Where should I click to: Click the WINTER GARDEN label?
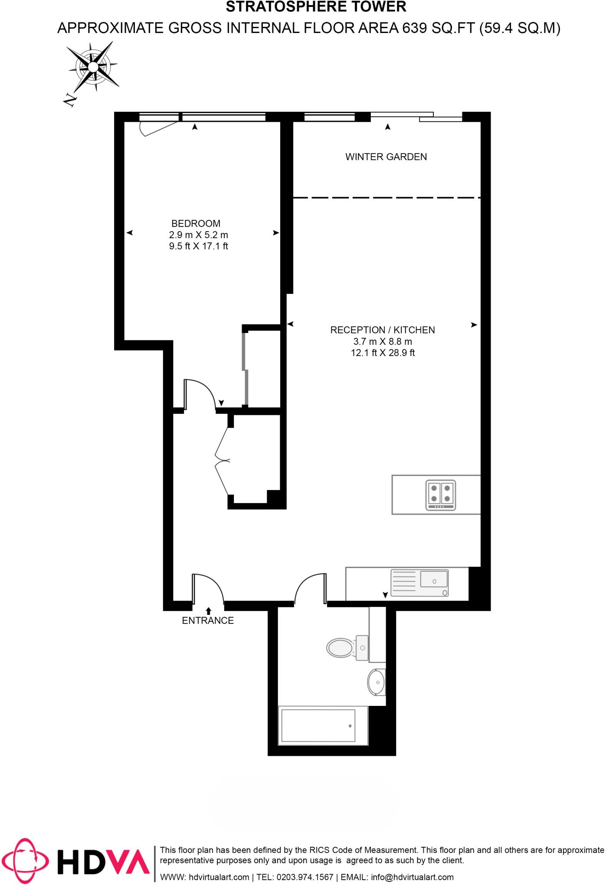(x=386, y=157)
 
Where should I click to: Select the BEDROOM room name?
(x=196, y=223)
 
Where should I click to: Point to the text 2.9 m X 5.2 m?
(x=198, y=235)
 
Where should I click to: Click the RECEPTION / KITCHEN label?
(x=382, y=330)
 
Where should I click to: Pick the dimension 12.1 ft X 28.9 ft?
(x=382, y=353)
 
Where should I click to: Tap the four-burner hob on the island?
(x=440, y=495)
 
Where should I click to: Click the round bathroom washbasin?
(x=376, y=682)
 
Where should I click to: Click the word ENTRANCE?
(x=207, y=620)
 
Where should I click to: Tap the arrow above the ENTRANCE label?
(x=208, y=610)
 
